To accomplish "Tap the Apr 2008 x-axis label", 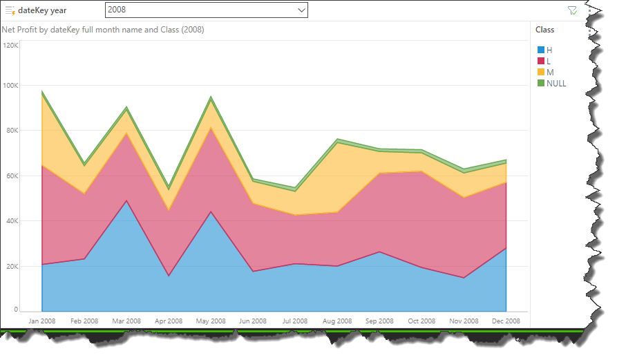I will pos(168,321).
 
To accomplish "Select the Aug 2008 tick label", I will pos(336,321).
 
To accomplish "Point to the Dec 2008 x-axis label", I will pos(506,321).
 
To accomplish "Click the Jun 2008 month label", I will pos(252,321).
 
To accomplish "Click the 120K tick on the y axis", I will pos(11,45).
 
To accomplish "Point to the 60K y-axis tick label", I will pos(12,176).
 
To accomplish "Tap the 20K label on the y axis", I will pos(12,267).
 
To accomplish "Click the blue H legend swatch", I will pos(542,50).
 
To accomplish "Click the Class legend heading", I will pos(544,30).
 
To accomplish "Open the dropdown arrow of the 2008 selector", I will pos(301,10).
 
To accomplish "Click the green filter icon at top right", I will pos(571,10).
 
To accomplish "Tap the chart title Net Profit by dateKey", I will pos(102,30).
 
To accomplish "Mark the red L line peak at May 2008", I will pos(211,128).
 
